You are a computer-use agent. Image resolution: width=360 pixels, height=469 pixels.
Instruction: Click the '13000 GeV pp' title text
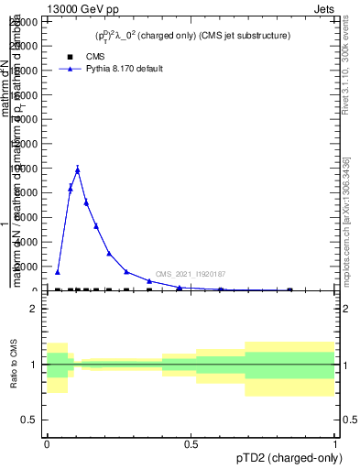pos(84,8)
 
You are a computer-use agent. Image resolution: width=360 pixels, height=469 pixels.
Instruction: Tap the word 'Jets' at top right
pos(324,8)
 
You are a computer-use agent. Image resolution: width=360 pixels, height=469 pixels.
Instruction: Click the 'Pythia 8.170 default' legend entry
pos(124,69)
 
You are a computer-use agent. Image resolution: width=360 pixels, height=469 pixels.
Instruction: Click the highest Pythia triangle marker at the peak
pos(78,169)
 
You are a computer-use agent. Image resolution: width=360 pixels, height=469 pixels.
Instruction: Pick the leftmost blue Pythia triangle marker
pos(58,272)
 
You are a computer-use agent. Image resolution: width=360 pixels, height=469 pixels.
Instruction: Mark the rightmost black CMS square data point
pos(290,290)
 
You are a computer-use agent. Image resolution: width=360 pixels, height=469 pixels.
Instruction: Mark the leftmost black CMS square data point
pos(58,290)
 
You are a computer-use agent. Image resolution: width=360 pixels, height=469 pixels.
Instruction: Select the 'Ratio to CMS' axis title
pos(15,365)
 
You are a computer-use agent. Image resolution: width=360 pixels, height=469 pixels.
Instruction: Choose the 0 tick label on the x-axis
pos(47,442)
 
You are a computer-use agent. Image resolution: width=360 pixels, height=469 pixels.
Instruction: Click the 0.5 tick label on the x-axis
pos(191,442)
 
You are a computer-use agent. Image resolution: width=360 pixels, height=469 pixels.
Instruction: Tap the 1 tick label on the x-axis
pos(335,442)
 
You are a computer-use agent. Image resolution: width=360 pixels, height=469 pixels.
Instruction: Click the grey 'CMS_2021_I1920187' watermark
pos(191,274)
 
